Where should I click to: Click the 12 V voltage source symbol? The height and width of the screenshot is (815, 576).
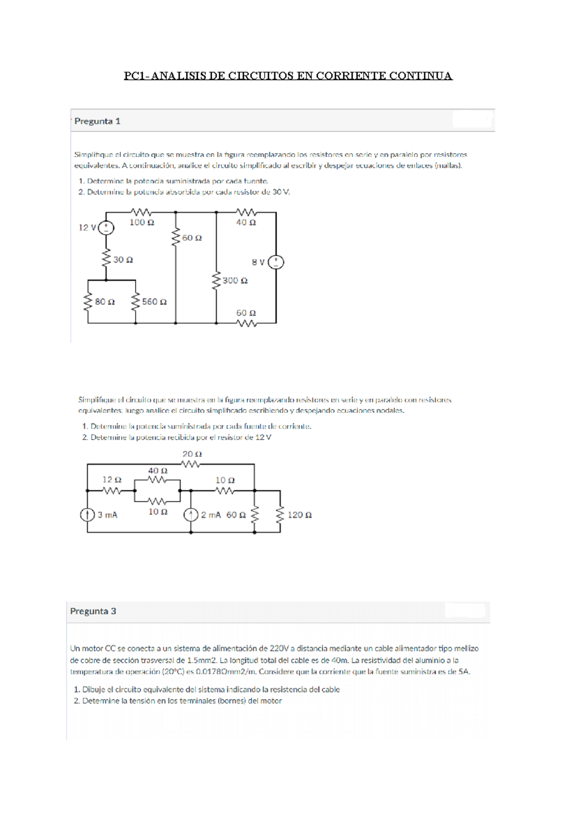pos(106,228)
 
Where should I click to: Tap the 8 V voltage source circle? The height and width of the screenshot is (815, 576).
pos(276,262)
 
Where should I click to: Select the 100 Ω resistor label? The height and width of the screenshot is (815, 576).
pos(142,223)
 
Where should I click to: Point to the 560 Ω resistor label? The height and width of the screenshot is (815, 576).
pos(154,302)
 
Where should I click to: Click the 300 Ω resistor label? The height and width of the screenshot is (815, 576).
pos(235,281)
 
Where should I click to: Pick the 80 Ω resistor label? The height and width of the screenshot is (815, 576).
pos(105,302)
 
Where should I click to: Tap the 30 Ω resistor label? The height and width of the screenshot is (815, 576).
pos(123,260)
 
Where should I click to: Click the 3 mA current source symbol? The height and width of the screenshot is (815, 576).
pos(87,515)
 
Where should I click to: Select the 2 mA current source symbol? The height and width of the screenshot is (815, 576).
pos(191,515)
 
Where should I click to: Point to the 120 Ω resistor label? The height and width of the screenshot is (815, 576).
pos(300,515)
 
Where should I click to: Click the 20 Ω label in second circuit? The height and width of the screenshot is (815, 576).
pos(192,454)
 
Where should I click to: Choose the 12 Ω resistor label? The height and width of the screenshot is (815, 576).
pos(112,480)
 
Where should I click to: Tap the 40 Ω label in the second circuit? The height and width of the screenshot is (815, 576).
pos(157,471)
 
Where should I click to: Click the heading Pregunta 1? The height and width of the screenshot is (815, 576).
pos(97,121)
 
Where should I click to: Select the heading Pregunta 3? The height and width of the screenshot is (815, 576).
pos(93,611)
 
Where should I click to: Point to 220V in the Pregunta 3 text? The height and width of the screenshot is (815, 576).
pos(279,648)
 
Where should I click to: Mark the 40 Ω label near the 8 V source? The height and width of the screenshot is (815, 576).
pos(246,223)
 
